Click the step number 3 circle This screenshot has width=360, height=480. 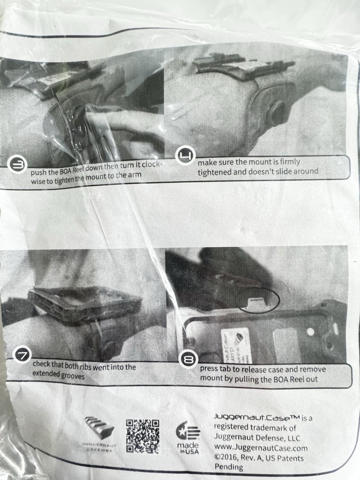tap(17, 165)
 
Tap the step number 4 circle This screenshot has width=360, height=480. tap(184, 156)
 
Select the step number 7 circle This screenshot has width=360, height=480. tap(24, 355)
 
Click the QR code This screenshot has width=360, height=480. tap(143, 436)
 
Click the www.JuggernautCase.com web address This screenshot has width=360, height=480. tap(261, 448)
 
